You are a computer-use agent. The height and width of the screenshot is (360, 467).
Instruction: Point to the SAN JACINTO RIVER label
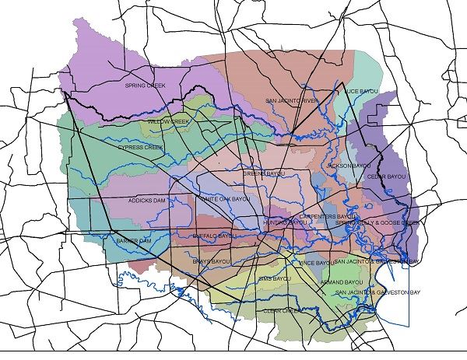(x=292, y=101)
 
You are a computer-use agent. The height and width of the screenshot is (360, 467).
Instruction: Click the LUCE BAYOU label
(x=360, y=92)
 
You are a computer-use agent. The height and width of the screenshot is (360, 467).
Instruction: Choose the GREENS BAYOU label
(x=263, y=173)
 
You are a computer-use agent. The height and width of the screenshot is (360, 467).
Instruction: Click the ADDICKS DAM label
(x=147, y=201)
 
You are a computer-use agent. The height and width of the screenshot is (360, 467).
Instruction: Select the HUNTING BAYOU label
(x=286, y=222)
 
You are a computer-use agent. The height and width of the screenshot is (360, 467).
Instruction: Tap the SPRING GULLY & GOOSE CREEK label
(x=377, y=222)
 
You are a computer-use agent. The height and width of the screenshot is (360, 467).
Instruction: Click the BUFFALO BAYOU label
(x=213, y=235)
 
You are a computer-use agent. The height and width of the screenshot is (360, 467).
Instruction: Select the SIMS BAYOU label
(x=275, y=278)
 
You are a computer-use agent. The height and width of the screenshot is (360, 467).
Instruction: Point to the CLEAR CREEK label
(x=283, y=310)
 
